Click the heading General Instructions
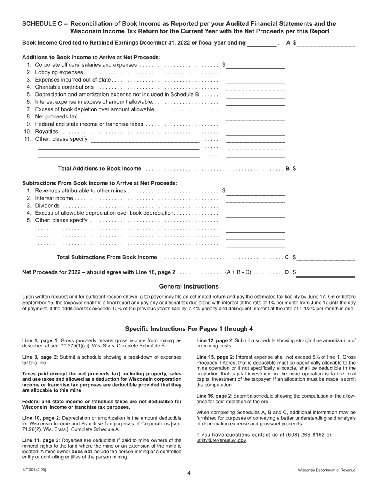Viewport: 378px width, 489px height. click(189, 287)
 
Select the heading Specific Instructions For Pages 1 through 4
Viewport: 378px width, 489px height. click(189, 329)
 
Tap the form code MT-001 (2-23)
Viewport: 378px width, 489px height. click(34, 470)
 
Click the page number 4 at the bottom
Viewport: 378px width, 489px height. click(189, 473)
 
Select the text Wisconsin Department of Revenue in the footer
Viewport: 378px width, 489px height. click(327, 470)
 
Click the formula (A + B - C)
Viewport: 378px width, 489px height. click(238, 272)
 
